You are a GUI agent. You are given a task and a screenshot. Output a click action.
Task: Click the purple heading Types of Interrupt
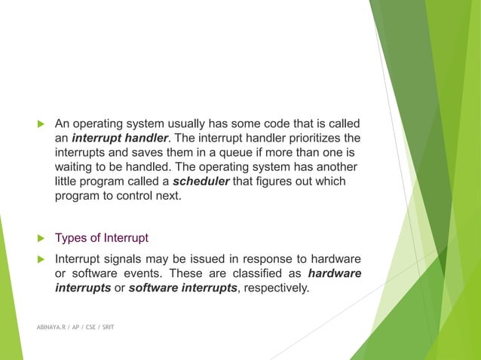pyautogui.click(x=102, y=239)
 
